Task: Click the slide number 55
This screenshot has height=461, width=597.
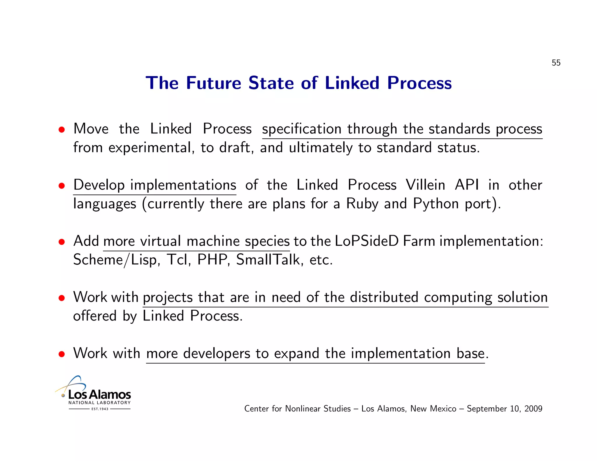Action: click(556, 63)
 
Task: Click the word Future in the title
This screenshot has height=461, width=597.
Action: click(214, 83)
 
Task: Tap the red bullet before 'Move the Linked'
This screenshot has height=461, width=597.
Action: click(62, 130)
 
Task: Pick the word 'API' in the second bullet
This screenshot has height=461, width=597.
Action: click(467, 185)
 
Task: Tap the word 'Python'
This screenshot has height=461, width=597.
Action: click(436, 204)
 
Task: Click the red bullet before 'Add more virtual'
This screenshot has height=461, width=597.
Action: click(62, 242)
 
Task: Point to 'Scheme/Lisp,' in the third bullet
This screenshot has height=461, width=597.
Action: click(117, 260)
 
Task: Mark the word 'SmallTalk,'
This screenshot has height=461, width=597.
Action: click(270, 260)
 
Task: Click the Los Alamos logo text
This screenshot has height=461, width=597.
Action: click(99, 395)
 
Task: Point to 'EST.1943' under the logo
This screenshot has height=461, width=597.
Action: click(100, 409)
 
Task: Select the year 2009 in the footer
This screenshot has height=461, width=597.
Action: click(533, 409)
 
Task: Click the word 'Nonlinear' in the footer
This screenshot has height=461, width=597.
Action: click(303, 409)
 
